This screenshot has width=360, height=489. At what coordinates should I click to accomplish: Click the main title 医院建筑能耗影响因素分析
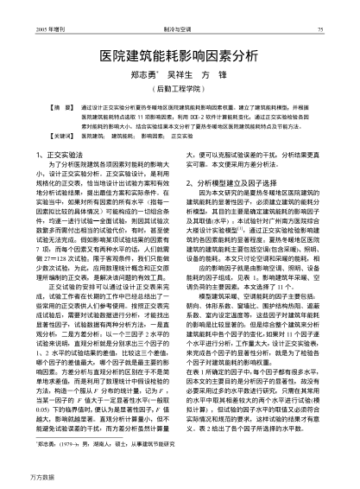pyautogui.click(x=179, y=54)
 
